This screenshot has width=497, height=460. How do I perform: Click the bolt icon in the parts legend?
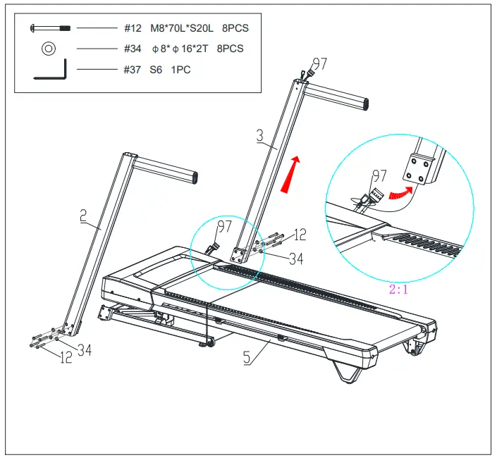pyautogui.click(x=49, y=28)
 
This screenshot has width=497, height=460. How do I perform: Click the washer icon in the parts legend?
pyautogui.click(x=49, y=49)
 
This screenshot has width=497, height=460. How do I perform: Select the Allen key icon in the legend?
pyautogui.click(x=51, y=70)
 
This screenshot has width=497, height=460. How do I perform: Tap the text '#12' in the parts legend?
pyautogui.click(x=133, y=28)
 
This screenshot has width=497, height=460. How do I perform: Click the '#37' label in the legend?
pyautogui.click(x=133, y=70)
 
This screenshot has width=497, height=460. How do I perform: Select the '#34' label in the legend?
pyautogui.click(x=133, y=49)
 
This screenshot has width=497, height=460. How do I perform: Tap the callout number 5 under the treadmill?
pyautogui.click(x=247, y=357)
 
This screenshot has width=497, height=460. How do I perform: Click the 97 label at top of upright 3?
pyautogui.click(x=319, y=64)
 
